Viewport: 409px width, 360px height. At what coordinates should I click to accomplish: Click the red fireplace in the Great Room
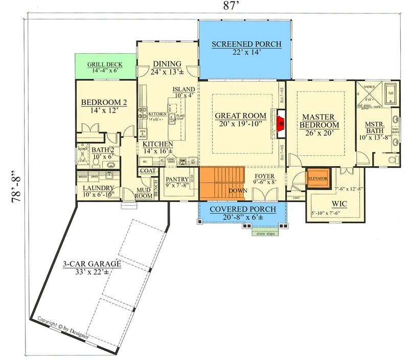(x=280, y=123)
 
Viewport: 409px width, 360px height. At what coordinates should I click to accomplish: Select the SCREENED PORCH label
(x=246, y=44)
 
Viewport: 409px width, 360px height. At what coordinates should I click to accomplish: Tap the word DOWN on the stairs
(x=238, y=190)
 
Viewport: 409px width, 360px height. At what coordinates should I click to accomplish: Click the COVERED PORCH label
(x=242, y=209)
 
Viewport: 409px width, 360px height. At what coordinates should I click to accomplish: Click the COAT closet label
(x=147, y=171)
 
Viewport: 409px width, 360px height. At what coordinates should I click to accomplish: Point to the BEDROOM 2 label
(x=104, y=102)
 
